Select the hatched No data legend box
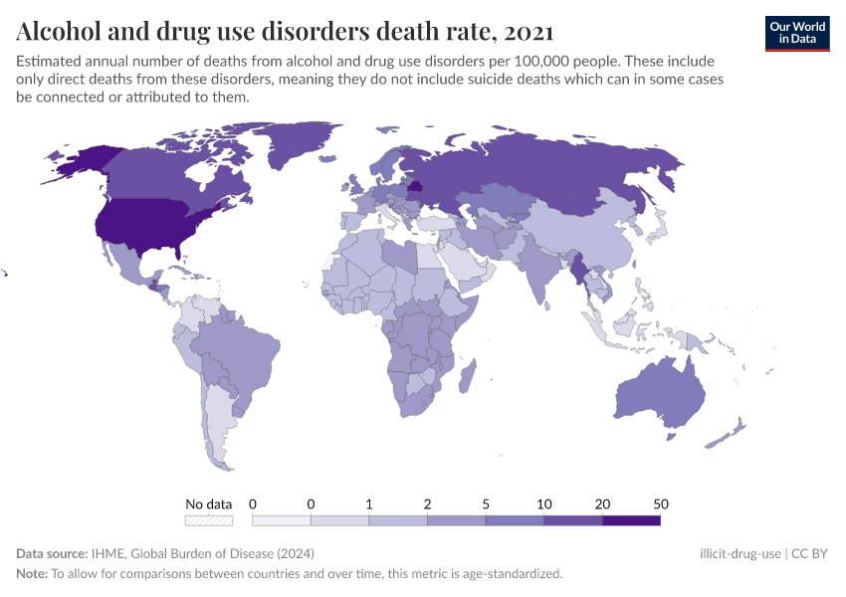click(209, 519)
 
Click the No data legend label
click(209, 503)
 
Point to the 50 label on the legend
click(660, 503)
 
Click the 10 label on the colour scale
click(543, 503)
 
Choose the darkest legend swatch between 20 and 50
click(631, 519)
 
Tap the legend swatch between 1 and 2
click(398, 519)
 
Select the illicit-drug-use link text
click(740, 553)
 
